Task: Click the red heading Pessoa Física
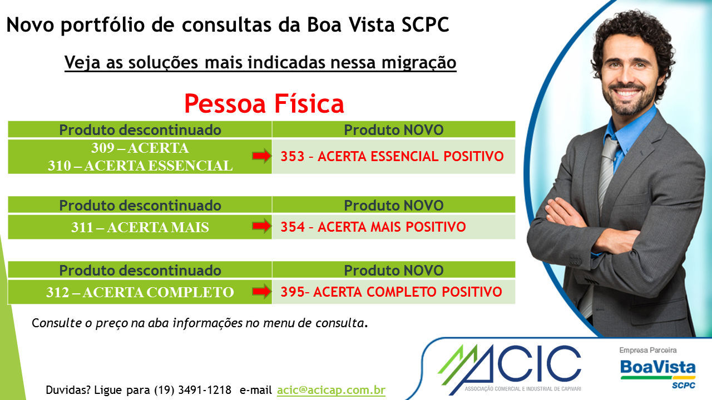pos(264,103)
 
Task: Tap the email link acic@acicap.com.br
pos(331,390)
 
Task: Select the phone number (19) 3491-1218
pos(192,390)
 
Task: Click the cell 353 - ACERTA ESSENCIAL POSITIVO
pos(393,157)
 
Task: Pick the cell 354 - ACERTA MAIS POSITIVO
pos(393,227)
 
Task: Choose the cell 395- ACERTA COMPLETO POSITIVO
pos(393,292)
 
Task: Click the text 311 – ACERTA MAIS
pos(140,227)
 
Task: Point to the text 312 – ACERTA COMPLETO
pos(140,292)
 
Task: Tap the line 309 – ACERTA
pos(140,148)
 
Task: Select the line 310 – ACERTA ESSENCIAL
pos(140,166)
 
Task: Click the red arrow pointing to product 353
pos(261,156)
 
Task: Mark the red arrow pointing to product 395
pos(261,292)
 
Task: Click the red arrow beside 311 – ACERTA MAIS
pos(261,226)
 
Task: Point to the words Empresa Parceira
pos(648,350)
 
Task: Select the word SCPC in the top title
pos(426,25)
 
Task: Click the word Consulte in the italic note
pos(57,323)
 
